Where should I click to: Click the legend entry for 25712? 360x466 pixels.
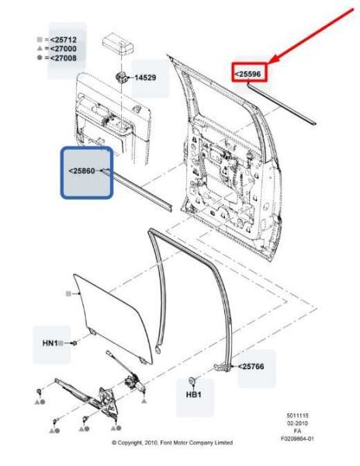(x=68, y=38)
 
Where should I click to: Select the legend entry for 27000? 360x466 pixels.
(x=68, y=48)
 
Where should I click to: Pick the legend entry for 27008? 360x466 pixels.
(x=68, y=57)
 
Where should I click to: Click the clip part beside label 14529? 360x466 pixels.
(x=122, y=77)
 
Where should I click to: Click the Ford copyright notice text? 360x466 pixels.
(x=173, y=443)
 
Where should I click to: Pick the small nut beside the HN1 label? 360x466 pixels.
(x=74, y=343)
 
